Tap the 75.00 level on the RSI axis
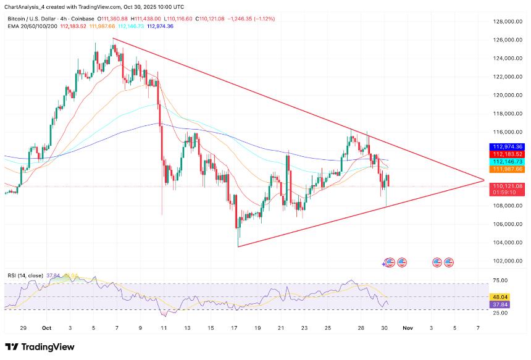click(500, 280)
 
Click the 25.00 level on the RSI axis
click(500, 313)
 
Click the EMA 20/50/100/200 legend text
click(32, 26)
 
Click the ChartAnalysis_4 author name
click(28, 7)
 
